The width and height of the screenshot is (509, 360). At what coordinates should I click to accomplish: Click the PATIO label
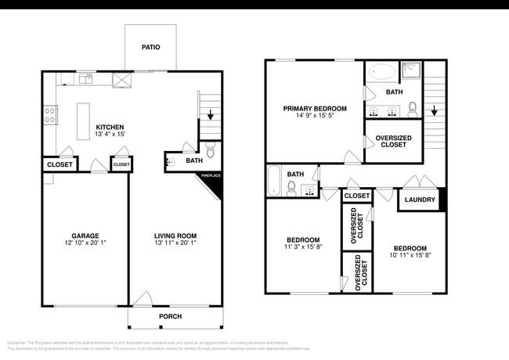(150, 48)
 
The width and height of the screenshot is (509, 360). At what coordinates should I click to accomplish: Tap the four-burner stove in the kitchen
(50, 115)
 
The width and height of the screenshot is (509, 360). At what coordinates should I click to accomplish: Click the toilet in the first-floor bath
(209, 151)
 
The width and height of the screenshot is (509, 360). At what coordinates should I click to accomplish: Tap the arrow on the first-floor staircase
(209, 113)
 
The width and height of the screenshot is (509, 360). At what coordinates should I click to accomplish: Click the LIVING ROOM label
(175, 236)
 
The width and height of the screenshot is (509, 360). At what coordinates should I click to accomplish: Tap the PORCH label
(170, 316)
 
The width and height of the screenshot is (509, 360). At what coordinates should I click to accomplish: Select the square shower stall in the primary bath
(411, 72)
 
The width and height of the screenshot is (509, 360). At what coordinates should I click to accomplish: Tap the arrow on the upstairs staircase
(433, 110)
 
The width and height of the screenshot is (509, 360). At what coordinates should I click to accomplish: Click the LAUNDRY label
(421, 200)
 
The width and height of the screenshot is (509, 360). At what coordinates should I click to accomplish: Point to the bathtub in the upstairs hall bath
(274, 181)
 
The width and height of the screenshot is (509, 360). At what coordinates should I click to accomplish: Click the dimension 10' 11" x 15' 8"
(410, 255)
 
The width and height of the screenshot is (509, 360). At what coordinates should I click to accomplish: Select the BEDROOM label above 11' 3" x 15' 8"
(302, 239)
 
